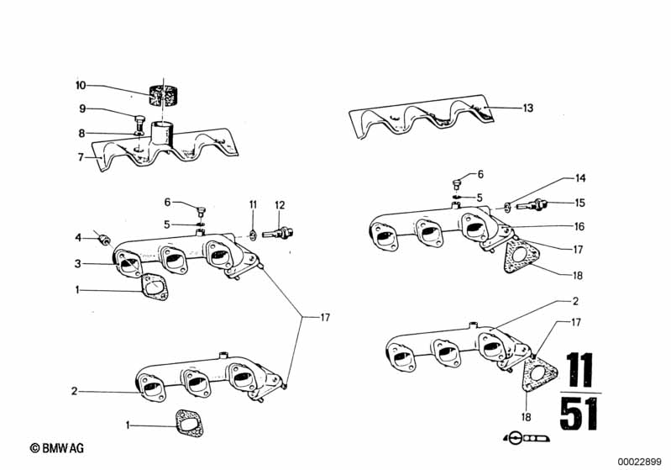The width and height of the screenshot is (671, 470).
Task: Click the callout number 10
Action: (81, 85)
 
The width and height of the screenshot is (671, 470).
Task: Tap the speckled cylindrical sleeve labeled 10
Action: (164, 96)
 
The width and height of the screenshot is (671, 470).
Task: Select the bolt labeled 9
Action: (139, 124)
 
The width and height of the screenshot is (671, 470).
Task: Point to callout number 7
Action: (81, 157)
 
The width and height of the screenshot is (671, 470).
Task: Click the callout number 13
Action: (528, 108)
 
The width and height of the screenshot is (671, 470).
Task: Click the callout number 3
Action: (77, 263)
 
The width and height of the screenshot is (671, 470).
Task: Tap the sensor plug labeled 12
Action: (278, 234)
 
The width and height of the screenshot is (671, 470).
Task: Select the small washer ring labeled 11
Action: (253, 235)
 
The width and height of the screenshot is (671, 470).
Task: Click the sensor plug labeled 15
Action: (532, 205)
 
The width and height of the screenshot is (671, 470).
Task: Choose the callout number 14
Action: (579, 177)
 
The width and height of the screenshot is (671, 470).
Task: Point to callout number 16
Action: (579, 226)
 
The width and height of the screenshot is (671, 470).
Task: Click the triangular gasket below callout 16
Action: (522, 256)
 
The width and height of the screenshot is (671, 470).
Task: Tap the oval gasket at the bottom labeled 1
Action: (189, 423)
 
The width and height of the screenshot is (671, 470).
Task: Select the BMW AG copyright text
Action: (57, 448)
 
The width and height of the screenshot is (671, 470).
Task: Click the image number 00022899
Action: (639, 462)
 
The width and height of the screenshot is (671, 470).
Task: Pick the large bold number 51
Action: (578, 414)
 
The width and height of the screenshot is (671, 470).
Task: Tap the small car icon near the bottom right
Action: (527, 438)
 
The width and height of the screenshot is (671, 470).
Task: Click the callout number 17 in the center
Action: (325, 318)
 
